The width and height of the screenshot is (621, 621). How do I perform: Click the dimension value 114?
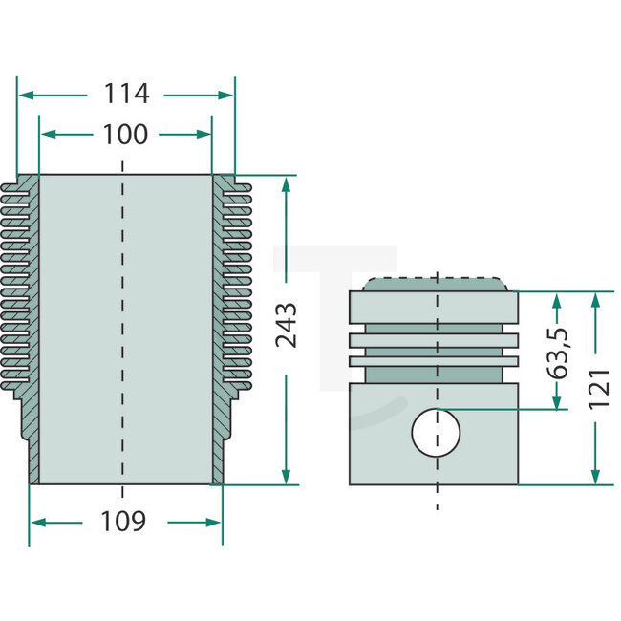coord(127,95)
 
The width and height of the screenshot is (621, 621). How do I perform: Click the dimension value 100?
coord(125,135)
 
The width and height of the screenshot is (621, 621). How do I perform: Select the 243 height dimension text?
coord(286,325)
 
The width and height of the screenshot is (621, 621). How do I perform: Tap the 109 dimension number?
coord(123,522)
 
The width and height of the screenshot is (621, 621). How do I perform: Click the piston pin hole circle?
coord(436,433)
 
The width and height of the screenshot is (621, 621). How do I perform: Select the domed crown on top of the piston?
coord(436,284)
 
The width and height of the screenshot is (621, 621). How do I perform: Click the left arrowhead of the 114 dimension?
coord(25,95)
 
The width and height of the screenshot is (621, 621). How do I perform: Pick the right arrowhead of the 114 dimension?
coord(226,95)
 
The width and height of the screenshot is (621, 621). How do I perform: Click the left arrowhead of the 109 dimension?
coord(37,522)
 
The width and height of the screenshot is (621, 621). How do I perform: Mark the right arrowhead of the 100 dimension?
coord(204,135)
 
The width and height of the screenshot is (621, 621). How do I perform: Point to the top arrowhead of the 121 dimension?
coord(596,299)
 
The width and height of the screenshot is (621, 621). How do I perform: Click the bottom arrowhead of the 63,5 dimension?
coord(557,402)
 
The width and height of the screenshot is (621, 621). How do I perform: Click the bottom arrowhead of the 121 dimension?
coord(596,478)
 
